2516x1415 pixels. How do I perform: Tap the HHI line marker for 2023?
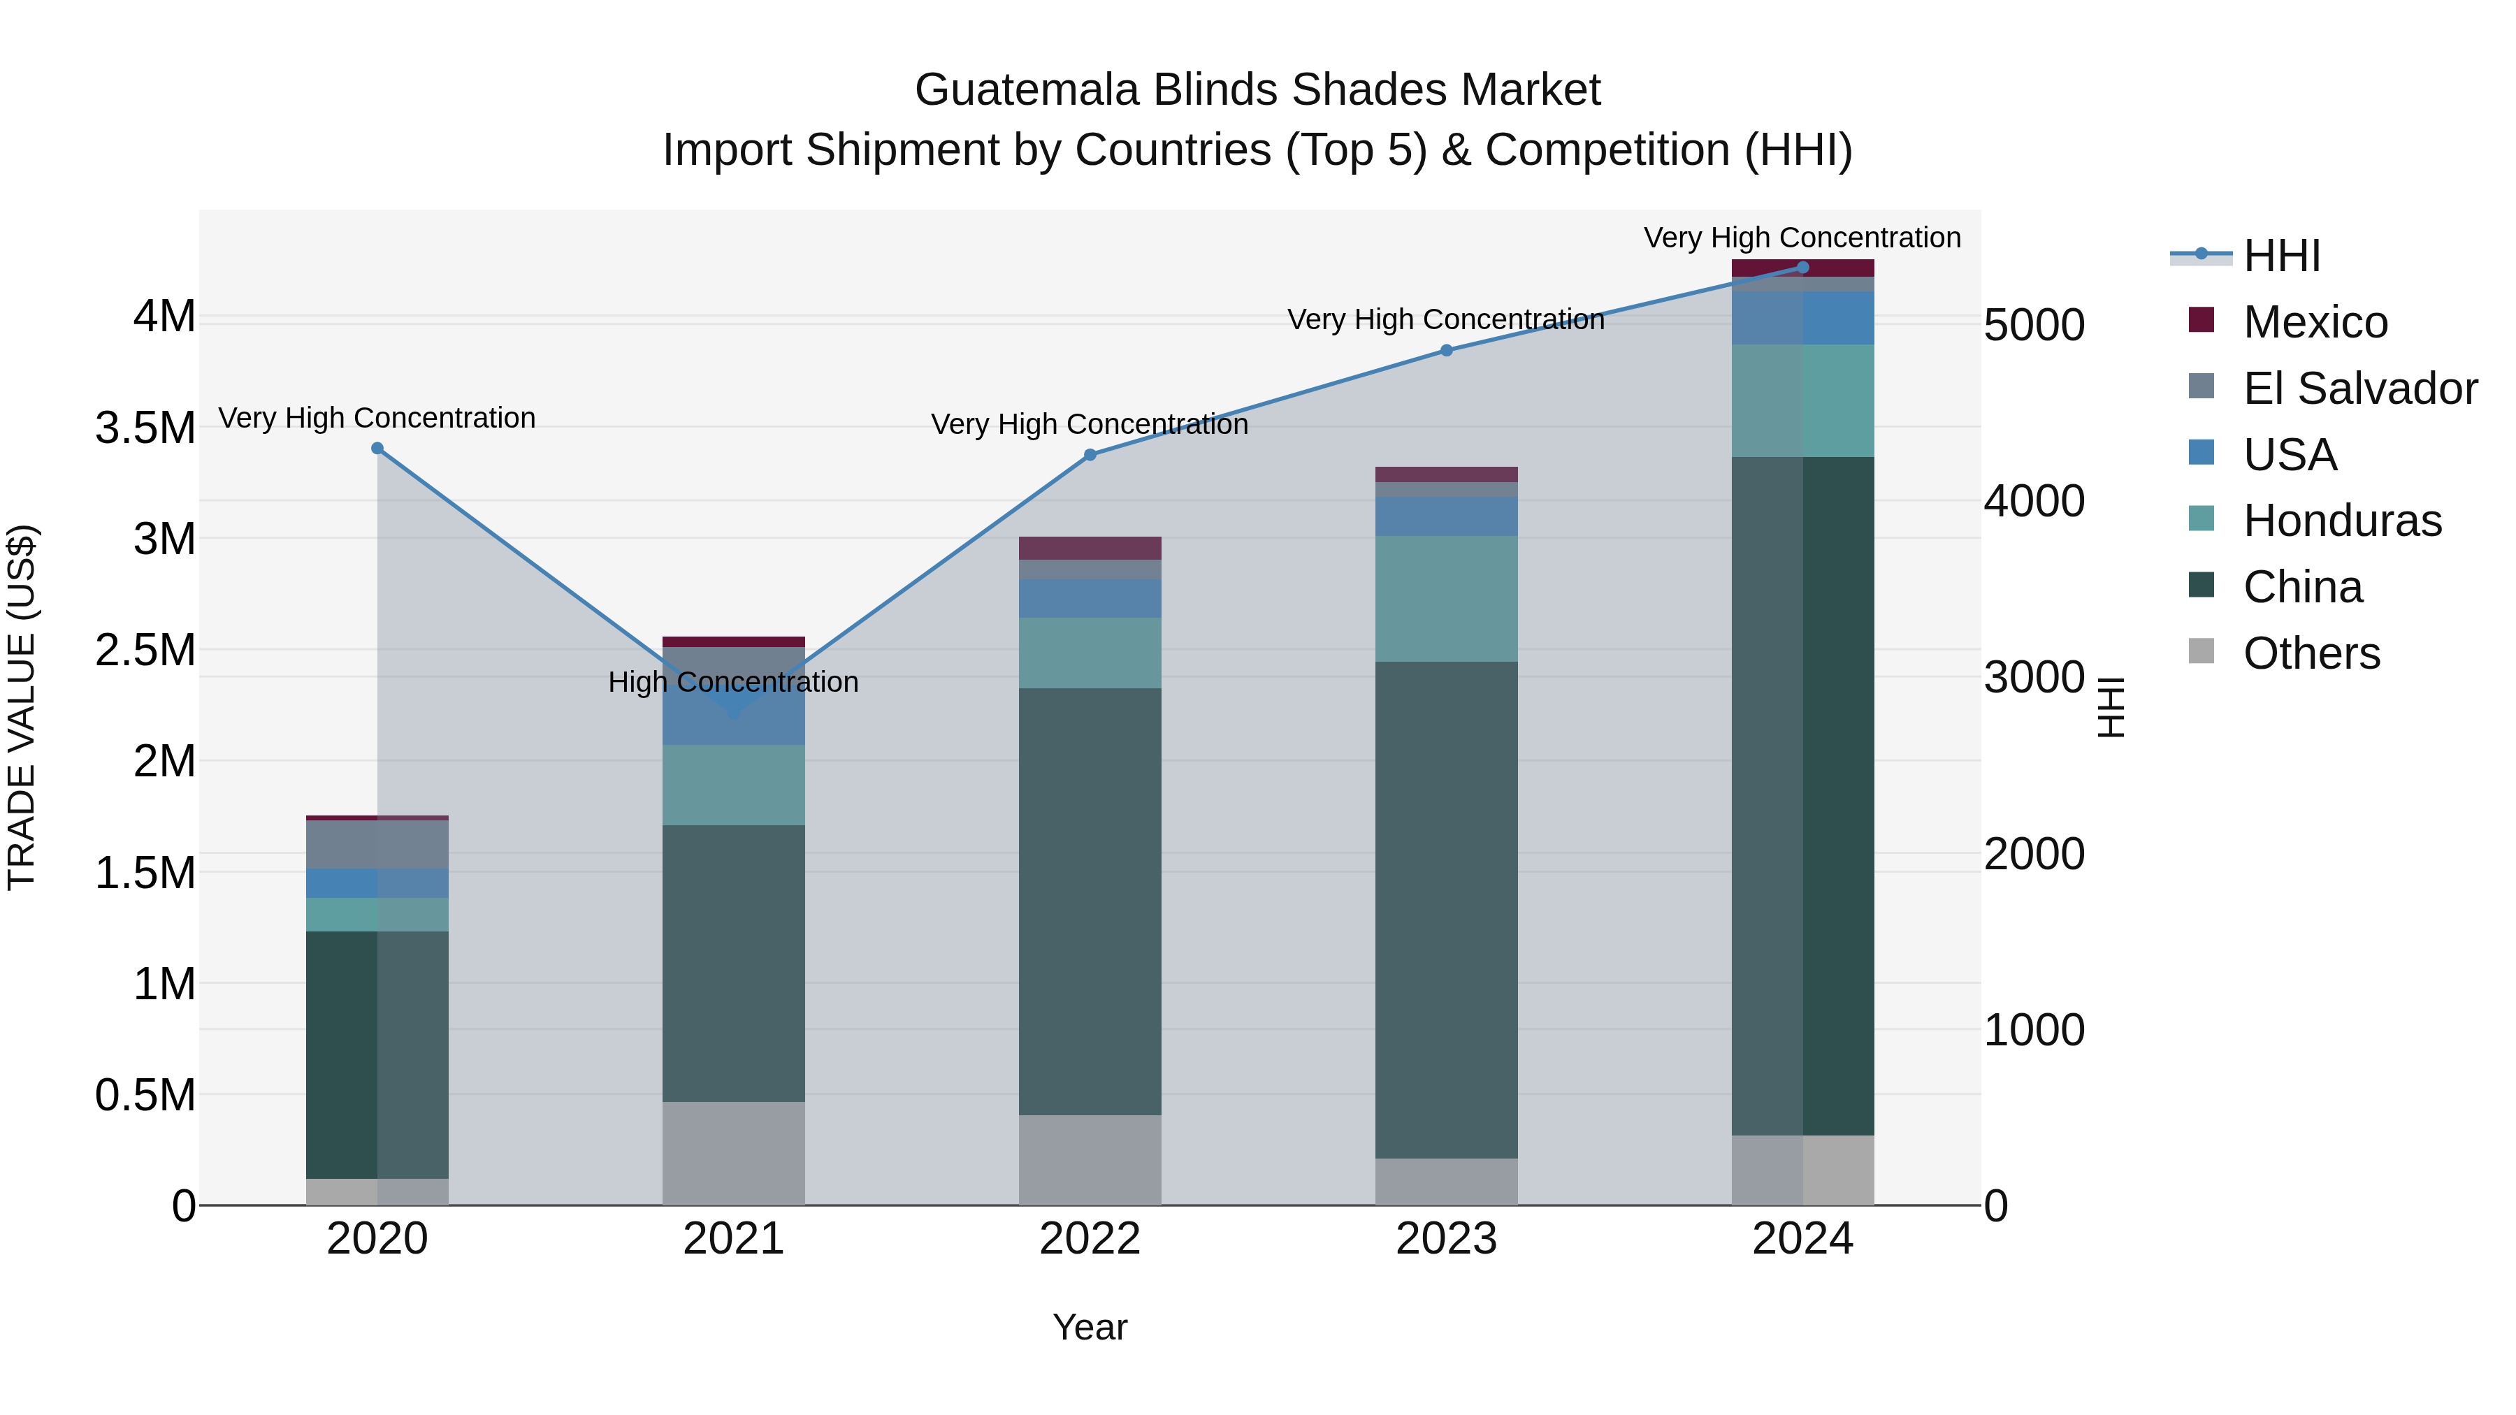[x=1447, y=351]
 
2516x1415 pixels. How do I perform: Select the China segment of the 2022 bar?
[x=1090, y=901]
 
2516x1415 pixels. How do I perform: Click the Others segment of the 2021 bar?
[x=734, y=1152]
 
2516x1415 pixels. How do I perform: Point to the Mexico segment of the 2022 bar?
[x=1090, y=548]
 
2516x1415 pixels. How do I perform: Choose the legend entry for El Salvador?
[x=2359, y=389]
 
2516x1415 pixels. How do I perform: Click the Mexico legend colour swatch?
[x=2201, y=319]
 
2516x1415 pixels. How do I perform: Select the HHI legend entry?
[x=2282, y=256]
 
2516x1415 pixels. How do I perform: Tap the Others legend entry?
[x=2311, y=653]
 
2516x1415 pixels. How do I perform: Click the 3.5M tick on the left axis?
[x=145, y=428]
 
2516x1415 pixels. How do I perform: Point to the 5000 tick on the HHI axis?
[x=2034, y=325]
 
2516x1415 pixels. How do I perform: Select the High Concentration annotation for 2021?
[x=734, y=681]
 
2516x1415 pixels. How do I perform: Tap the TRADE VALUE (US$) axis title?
[x=22, y=707]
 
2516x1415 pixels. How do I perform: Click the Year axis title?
[x=1090, y=1327]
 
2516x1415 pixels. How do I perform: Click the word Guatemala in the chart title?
[x=1027, y=90]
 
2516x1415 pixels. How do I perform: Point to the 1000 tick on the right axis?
[x=2034, y=1030]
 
